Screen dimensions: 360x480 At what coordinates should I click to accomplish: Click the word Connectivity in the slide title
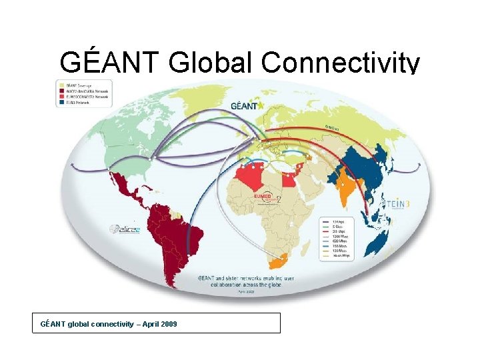(x=341, y=63)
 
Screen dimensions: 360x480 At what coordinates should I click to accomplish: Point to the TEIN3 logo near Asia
(x=399, y=203)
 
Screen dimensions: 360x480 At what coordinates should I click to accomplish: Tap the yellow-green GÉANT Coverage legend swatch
(x=61, y=85)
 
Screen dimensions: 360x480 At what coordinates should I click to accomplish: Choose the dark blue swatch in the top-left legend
(x=61, y=103)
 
